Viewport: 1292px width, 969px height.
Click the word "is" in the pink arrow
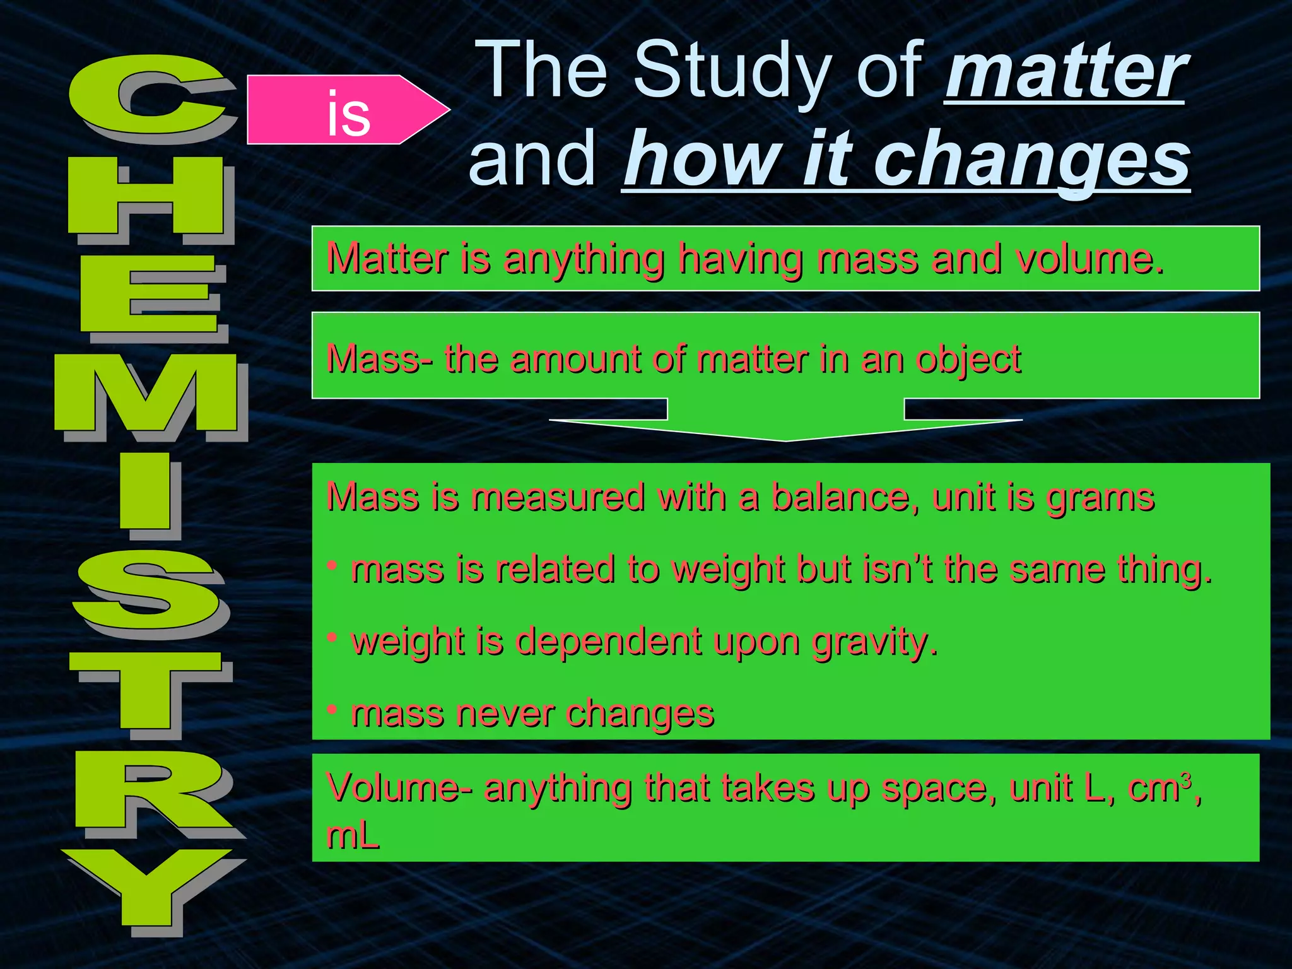click(348, 114)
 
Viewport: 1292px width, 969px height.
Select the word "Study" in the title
click(729, 71)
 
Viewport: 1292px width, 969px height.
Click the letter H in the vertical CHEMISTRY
click(146, 196)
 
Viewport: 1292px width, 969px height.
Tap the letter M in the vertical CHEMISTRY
click(146, 393)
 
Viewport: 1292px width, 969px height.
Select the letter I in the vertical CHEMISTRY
click(145, 491)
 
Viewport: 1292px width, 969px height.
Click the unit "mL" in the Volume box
click(353, 836)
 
